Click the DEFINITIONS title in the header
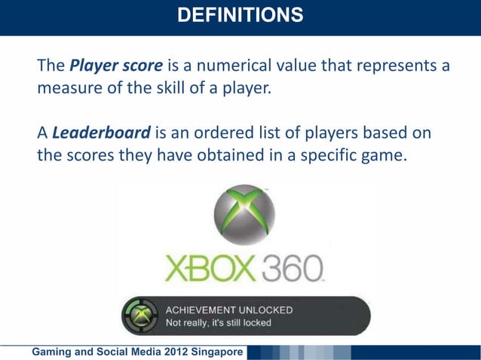[x=240, y=14]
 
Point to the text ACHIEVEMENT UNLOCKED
[x=229, y=310]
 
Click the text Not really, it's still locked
[x=219, y=323]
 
